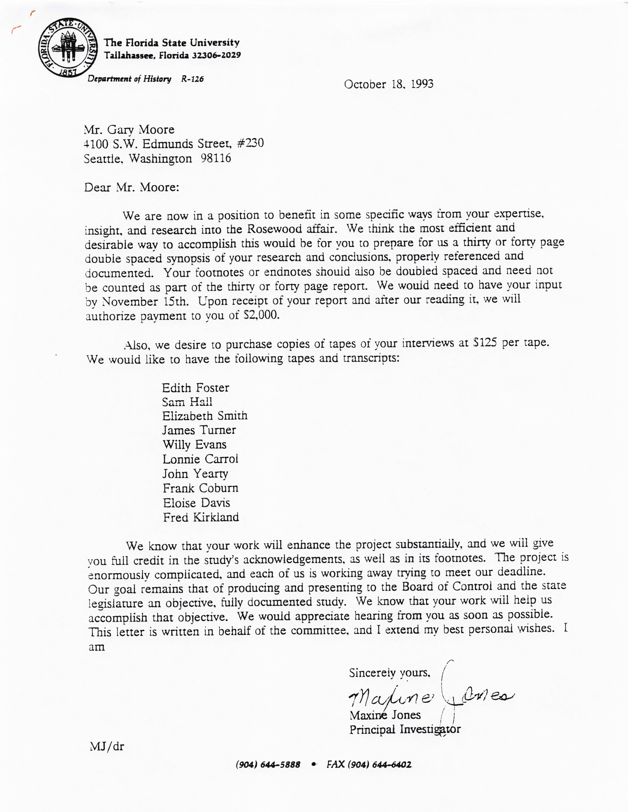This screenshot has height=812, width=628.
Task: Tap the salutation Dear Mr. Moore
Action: [x=132, y=187]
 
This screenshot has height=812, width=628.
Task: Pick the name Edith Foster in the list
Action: [x=195, y=388]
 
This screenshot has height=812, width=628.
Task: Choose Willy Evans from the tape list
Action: [x=194, y=445]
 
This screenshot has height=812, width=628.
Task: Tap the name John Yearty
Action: [x=195, y=474]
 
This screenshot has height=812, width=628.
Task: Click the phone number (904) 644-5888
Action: [x=268, y=765]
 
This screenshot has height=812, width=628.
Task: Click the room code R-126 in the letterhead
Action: [x=192, y=79]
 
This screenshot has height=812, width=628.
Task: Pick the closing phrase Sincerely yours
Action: [x=389, y=673]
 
